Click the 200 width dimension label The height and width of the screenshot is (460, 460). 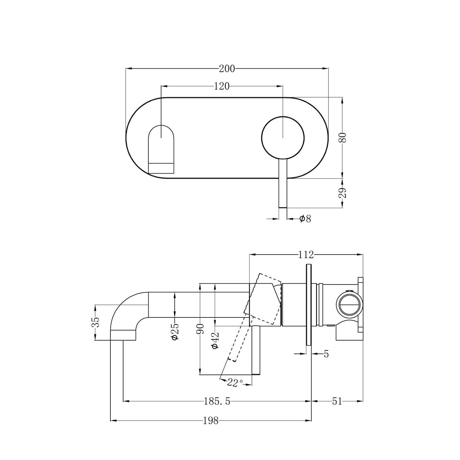click(227, 69)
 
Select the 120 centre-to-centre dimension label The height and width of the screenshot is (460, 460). click(222, 86)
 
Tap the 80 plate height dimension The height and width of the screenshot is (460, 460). click(342, 138)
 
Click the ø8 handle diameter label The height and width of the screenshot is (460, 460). click(305, 219)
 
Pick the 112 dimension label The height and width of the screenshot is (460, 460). click(306, 255)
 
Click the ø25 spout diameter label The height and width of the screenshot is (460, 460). click(175, 332)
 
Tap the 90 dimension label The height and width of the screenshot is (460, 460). click(200, 330)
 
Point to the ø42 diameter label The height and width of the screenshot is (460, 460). click(215, 340)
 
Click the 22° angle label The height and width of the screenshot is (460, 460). click(235, 382)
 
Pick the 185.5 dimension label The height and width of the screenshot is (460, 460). click(217, 402)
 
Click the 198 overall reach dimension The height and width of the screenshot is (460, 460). click(210, 421)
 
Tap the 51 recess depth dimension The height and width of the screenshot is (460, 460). click(337, 402)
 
